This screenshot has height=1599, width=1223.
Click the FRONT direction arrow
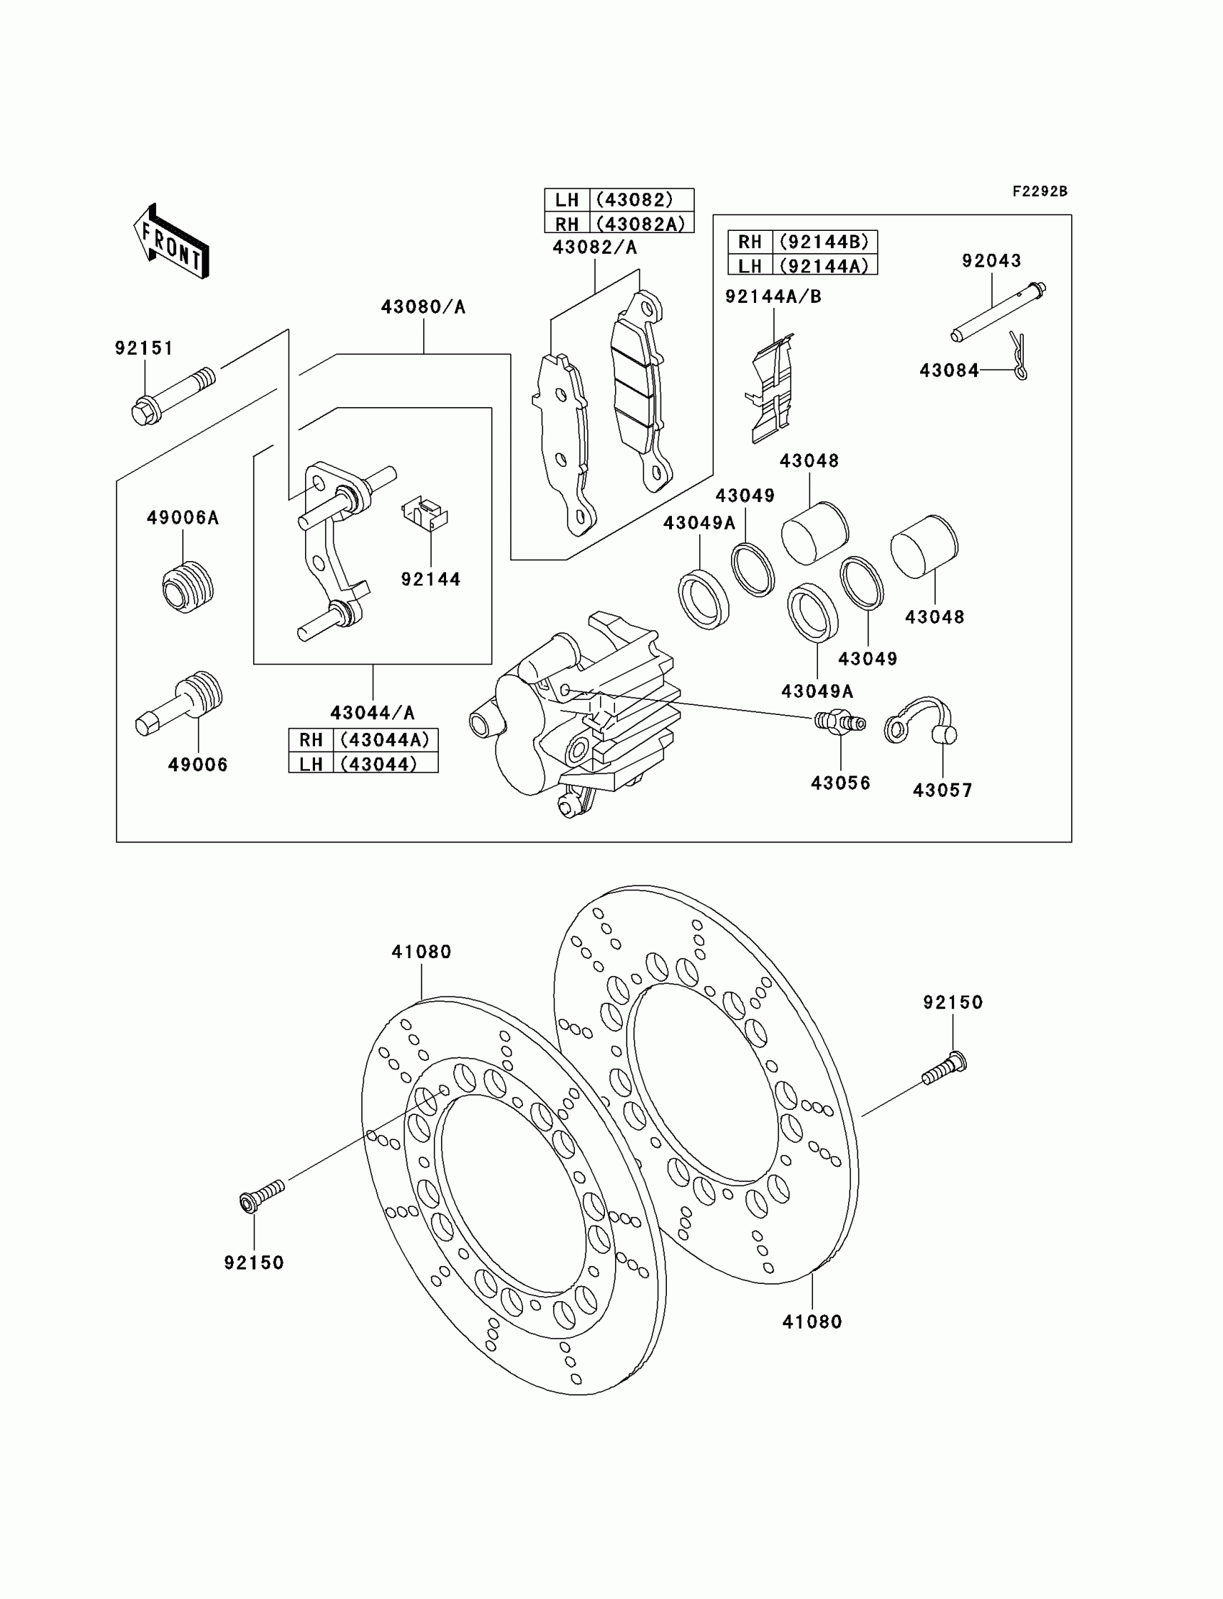172,242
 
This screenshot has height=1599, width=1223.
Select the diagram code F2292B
1039,191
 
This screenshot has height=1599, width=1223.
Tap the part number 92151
143,349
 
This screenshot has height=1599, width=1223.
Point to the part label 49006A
183,517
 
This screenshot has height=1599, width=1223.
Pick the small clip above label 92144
425,511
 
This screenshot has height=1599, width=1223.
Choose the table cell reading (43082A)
640,224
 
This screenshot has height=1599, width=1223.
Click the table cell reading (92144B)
824,242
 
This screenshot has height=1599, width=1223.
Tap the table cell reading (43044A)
385,740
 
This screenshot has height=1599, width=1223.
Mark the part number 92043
991,260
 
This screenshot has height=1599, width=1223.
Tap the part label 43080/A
423,307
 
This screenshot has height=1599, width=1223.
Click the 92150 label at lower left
254,1262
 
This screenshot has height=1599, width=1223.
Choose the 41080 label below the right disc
811,1321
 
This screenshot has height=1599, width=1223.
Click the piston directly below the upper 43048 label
814,533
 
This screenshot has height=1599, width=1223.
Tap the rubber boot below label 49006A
187,587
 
